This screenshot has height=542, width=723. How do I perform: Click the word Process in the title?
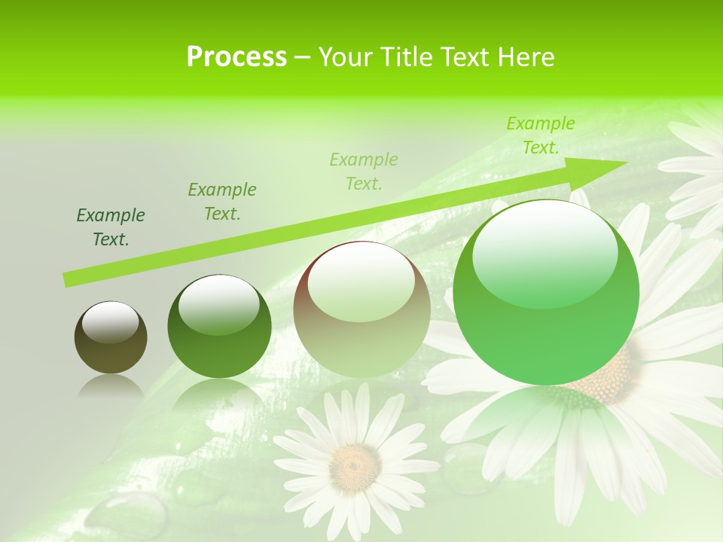236,57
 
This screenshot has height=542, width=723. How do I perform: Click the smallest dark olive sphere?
111,350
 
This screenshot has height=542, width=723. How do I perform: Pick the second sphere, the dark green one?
219,346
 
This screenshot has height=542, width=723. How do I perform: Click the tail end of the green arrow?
69,279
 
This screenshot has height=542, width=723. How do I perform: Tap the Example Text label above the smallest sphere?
111,227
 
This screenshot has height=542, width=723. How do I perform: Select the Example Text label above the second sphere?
222,201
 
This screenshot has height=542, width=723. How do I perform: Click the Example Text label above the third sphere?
364,171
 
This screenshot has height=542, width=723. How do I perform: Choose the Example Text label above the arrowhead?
541,135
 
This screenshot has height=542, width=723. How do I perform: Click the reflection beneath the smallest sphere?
111,387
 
